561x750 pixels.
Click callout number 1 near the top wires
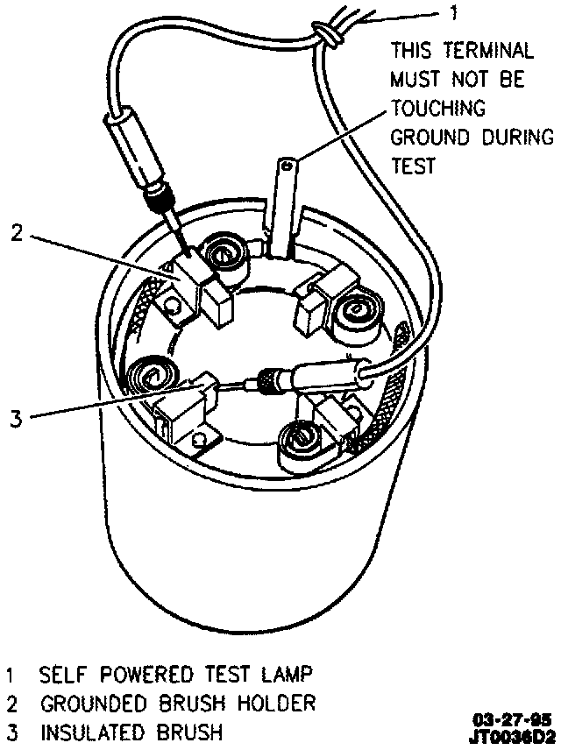pyautogui.click(x=452, y=14)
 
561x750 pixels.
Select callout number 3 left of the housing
pyautogui.click(x=15, y=417)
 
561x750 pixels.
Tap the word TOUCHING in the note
pyautogui.click(x=438, y=109)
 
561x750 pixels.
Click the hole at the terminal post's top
pyautogui.click(x=287, y=163)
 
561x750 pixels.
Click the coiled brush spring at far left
pyautogui.click(x=150, y=377)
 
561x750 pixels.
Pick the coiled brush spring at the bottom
pyautogui.click(x=302, y=437)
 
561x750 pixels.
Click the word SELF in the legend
pyautogui.click(x=62, y=676)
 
